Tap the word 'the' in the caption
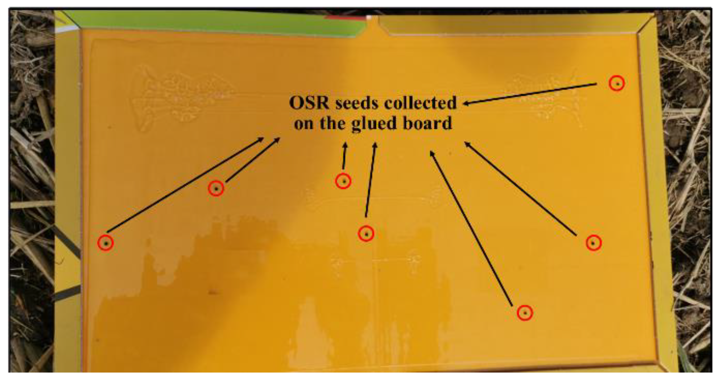click(x=333, y=123)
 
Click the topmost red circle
click(x=617, y=83)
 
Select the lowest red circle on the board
click(x=525, y=313)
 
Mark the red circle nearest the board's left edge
click(x=106, y=243)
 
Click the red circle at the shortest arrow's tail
click(x=343, y=181)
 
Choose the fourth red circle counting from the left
click(x=366, y=234)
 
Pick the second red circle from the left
click(x=216, y=188)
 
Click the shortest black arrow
click(x=344, y=156)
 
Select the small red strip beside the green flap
click(x=345, y=18)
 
